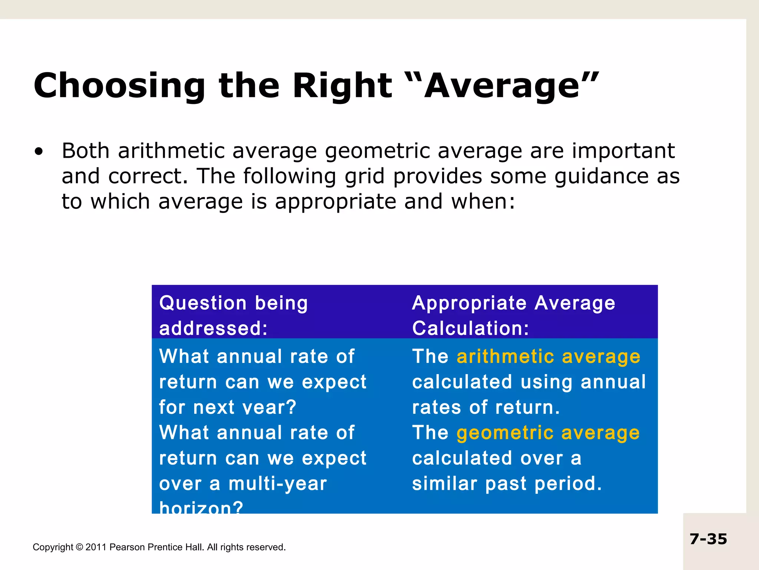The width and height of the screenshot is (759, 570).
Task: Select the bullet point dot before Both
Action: [39, 152]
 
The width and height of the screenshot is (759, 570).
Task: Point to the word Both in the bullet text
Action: [86, 151]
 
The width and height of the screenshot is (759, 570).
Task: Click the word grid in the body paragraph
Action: [364, 176]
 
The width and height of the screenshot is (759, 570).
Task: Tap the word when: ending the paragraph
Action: [483, 202]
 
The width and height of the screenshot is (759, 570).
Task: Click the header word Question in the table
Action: [202, 303]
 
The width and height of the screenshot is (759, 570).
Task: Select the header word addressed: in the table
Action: [213, 328]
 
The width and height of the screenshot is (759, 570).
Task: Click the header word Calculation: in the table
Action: [470, 328]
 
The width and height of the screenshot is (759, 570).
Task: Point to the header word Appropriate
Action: [469, 304]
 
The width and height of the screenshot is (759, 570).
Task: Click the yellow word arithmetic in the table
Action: [505, 356]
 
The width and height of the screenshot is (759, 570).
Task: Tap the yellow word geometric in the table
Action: [505, 433]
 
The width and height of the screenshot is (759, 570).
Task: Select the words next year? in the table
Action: [245, 407]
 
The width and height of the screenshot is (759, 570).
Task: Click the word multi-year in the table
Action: [278, 484]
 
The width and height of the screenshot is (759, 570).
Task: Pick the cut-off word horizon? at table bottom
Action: [201, 507]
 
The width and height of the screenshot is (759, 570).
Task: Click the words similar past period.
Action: [507, 484]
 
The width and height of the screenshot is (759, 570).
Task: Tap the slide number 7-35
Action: [708, 539]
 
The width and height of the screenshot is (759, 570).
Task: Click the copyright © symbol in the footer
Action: [79, 547]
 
